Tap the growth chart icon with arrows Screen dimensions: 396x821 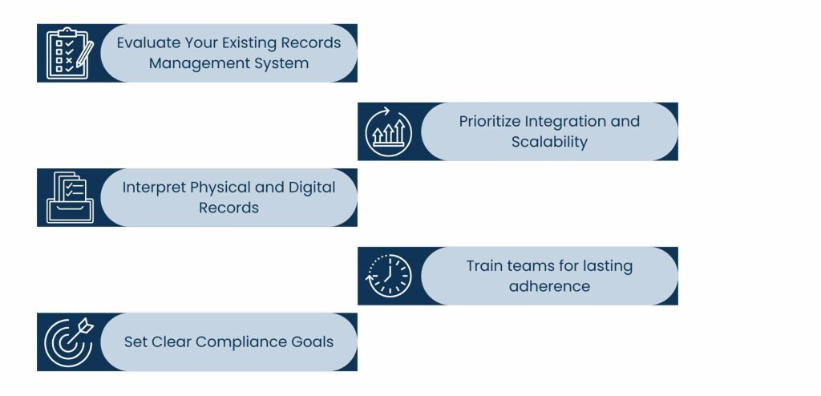click(x=389, y=131)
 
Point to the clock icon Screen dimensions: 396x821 click(x=389, y=275)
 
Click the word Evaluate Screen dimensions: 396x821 click(x=146, y=43)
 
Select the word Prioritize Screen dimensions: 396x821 click(x=489, y=122)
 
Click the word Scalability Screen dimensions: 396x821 click(x=549, y=142)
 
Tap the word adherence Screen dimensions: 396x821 click(x=549, y=286)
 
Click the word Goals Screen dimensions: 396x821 click(x=312, y=342)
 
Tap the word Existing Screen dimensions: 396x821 click(x=231, y=43)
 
